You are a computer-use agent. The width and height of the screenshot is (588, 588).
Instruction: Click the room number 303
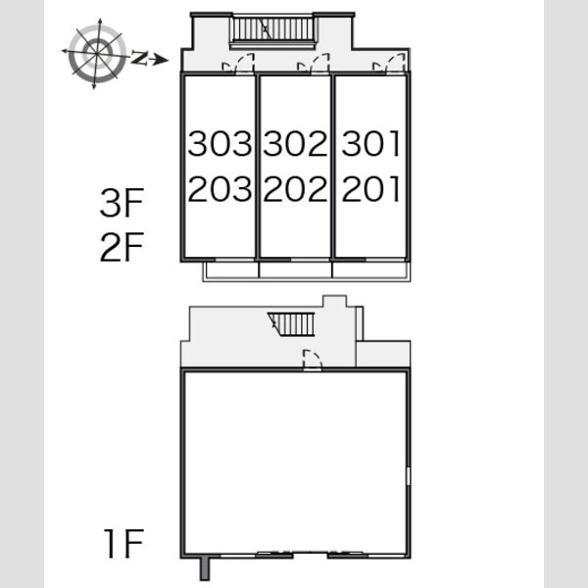[x=220, y=143]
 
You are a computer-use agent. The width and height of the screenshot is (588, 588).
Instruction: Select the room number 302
[x=296, y=143]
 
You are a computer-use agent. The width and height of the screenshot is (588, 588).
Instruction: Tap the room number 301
[x=370, y=143]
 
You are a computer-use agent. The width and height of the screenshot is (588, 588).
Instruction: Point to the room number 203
[x=220, y=188]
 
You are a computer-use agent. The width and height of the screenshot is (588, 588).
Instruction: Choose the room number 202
[x=296, y=188]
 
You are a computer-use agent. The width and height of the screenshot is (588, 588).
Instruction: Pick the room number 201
[x=370, y=188]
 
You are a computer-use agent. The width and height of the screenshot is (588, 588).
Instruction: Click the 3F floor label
[x=122, y=203]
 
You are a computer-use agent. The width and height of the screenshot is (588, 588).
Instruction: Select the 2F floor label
[x=122, y=247]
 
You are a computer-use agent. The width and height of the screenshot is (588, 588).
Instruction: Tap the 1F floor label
[x=123, y=543]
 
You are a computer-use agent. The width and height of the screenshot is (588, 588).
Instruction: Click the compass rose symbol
[x=97, y=54]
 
